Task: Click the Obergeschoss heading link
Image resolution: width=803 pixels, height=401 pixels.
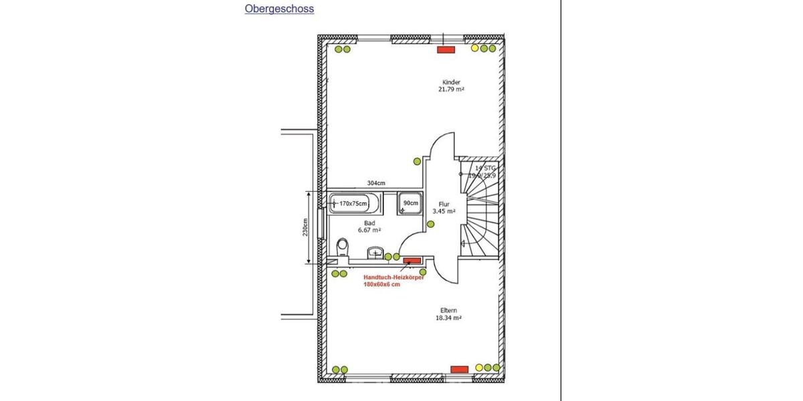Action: (279, 9)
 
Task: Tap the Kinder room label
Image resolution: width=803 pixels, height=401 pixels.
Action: (451, 82)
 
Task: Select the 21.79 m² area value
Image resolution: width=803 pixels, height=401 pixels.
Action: (451, 90)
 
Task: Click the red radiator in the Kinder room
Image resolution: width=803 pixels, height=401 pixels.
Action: (446, 49)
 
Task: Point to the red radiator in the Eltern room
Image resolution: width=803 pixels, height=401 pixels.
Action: (459, 368)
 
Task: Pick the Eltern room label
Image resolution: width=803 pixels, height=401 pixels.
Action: (449, 311)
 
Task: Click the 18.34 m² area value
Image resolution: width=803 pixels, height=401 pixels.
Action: (449, 319)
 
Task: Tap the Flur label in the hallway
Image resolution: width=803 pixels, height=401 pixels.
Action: (444, 204)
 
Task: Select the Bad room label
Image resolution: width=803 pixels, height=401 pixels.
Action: (369, 223)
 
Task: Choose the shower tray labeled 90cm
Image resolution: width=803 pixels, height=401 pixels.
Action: (410, 203)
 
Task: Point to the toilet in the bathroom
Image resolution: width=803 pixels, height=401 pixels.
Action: (343, 248)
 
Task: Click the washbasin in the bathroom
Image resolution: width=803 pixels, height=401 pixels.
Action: (375, 253)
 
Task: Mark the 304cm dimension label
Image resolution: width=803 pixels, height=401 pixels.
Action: (376, 183)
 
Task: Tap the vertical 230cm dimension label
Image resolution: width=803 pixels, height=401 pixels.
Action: (304, 227)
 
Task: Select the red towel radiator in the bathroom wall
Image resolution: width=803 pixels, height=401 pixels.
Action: (411, 260)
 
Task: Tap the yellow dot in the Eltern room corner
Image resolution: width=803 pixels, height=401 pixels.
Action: (479, 368)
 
